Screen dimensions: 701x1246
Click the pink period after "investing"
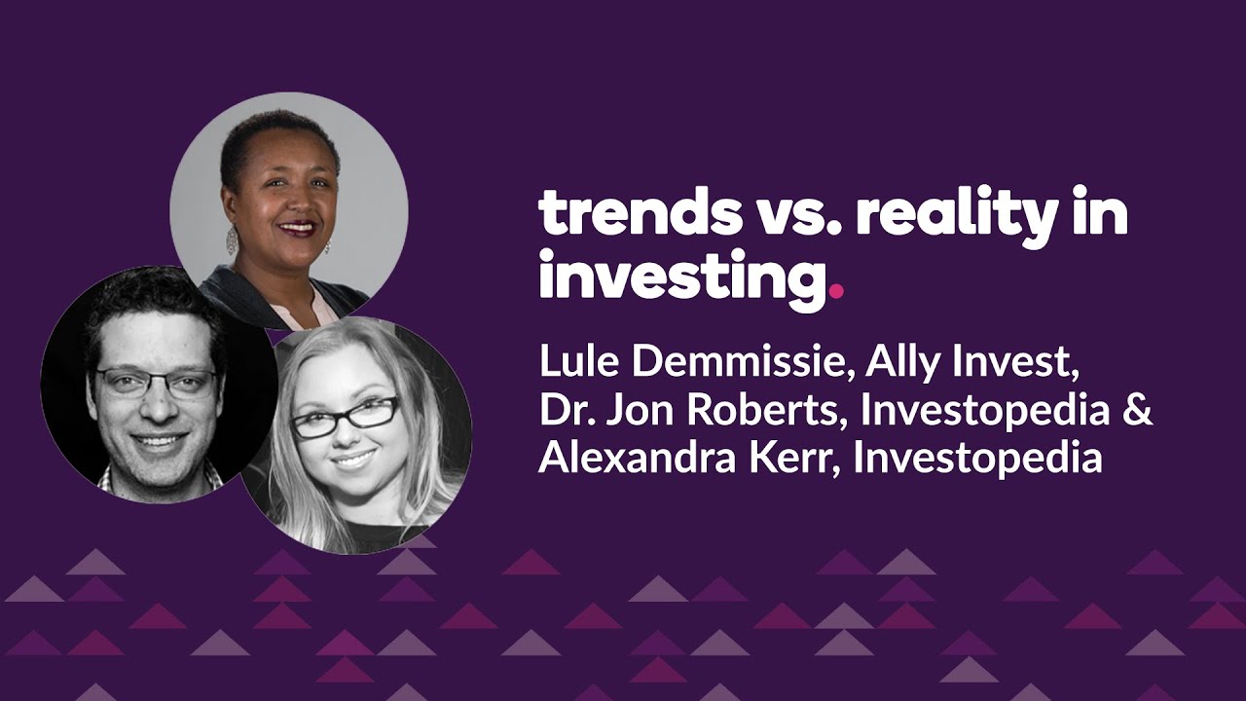point(836,290)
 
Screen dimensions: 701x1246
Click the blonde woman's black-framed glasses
point(346,417)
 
